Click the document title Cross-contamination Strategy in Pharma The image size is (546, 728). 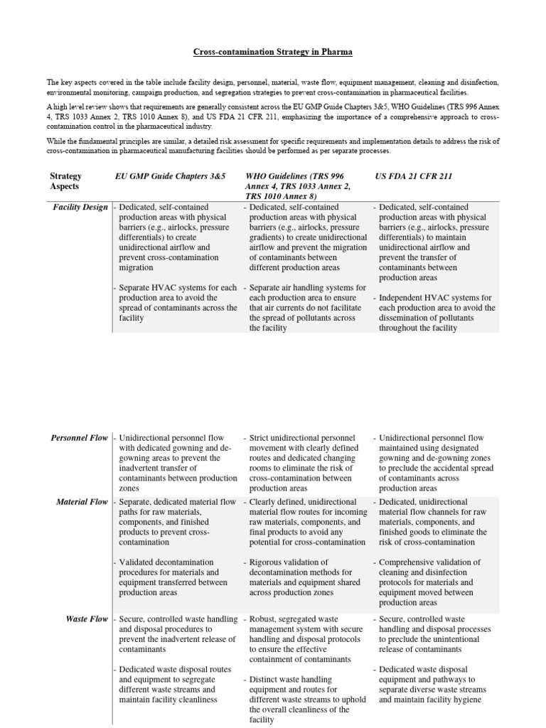273,53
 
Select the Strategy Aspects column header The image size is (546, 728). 66,181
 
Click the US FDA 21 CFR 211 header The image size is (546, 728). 414,176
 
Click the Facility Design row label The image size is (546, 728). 81,208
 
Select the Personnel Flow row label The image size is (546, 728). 80,438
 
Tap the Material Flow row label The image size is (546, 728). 82,502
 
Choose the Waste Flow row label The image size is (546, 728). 87,619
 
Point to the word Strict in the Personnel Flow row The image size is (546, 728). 260,438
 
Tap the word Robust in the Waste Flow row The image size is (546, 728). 264,619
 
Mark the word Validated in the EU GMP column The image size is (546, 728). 139,562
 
